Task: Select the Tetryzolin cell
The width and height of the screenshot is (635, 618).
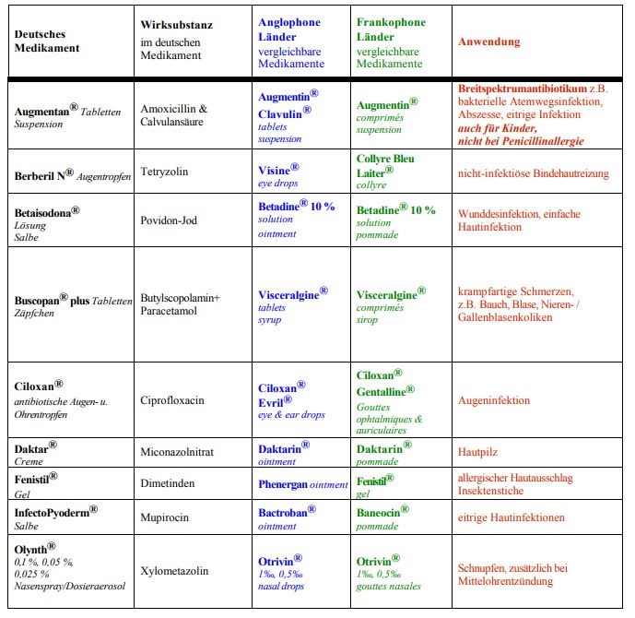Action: coord(166,172)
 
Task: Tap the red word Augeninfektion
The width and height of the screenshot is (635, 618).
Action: coord(494,401)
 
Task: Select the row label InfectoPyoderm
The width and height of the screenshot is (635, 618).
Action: coord(53,510)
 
